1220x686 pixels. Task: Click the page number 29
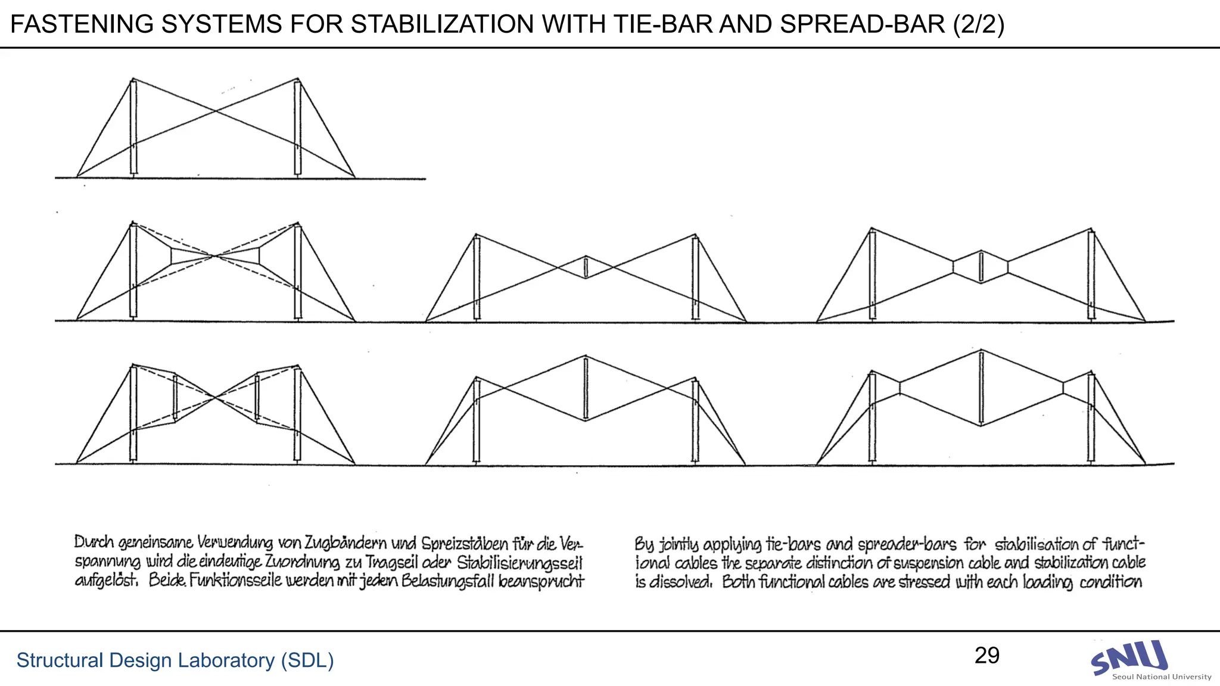[987, 656]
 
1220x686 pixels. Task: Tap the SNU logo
[1129, 657]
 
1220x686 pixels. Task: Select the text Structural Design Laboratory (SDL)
[175, 660]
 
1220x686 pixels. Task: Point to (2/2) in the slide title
[979, 24]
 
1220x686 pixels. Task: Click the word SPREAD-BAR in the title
[863, 24]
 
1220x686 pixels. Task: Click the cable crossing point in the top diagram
[215, 111]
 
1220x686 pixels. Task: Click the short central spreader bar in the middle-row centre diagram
[586, 267]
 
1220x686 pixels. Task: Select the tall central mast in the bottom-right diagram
[981, 388]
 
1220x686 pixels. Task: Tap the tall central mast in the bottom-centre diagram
[586, 388]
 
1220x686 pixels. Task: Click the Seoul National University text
[1162, 676]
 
